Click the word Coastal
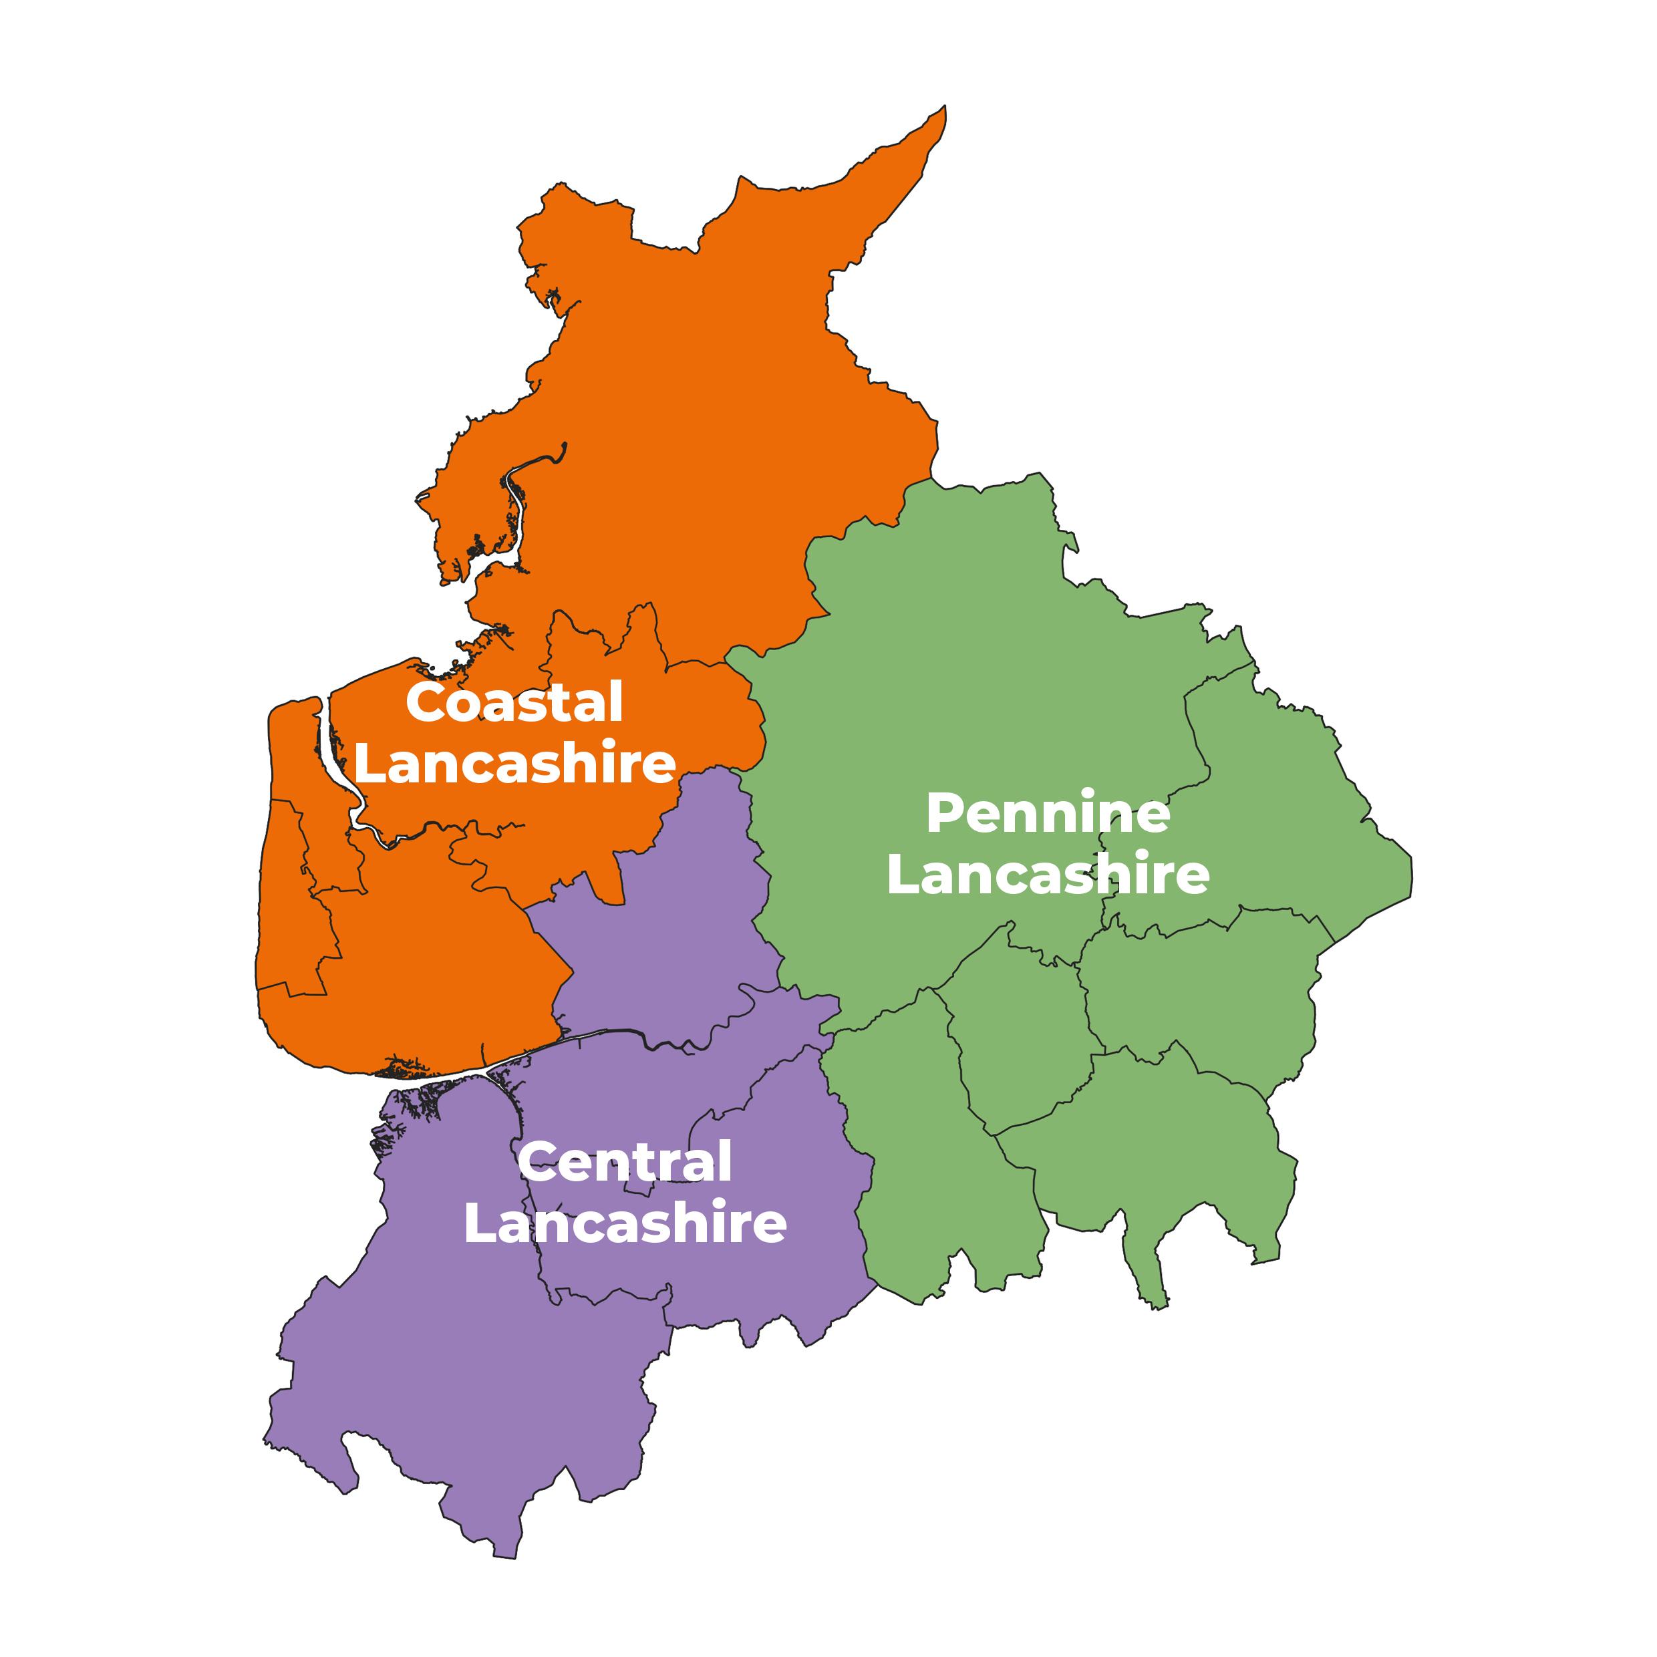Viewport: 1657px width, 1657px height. point(514,704)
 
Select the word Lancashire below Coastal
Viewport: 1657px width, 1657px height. point(514,763)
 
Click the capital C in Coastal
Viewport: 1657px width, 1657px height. point(424,704)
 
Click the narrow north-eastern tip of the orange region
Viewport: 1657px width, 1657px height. point(940,116)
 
